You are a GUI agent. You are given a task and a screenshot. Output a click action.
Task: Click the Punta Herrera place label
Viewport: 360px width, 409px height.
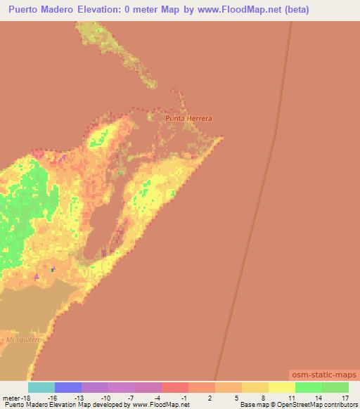point(188,119)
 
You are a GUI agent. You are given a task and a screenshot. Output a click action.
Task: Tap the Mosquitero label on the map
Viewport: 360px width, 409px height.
point(22,338)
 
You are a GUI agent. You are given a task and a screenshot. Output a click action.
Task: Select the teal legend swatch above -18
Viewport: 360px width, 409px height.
point(41,387)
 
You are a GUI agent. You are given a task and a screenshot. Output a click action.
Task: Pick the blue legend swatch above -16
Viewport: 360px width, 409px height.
point(68,387)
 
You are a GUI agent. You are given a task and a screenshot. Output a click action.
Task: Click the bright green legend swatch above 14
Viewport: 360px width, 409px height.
point(309,387)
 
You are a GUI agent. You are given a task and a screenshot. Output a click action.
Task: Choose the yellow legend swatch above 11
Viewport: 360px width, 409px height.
point(282,387)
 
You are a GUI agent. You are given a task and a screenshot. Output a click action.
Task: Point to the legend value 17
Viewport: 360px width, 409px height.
point(345,397)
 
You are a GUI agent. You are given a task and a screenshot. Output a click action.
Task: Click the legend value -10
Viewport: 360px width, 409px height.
point(105,397)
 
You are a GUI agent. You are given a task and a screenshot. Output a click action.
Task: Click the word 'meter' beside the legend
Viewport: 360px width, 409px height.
point(11,397)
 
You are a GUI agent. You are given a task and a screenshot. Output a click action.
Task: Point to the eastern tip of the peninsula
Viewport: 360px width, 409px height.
point(223,138)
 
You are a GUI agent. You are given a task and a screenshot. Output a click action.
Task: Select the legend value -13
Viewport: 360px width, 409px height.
point(78,397)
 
